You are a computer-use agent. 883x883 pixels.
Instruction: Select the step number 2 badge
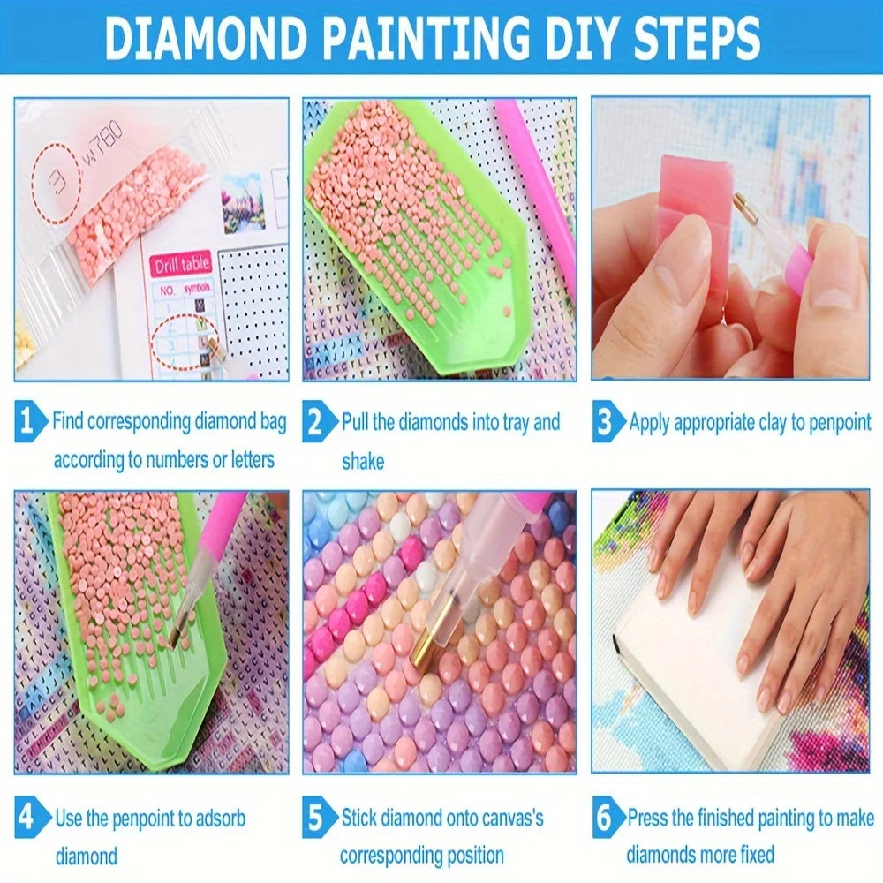pos(317,422)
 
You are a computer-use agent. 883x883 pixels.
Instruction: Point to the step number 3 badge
pos(605,422)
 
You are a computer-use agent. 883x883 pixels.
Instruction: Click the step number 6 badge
pos(605,818)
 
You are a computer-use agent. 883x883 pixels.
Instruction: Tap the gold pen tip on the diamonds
pos(430,645)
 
